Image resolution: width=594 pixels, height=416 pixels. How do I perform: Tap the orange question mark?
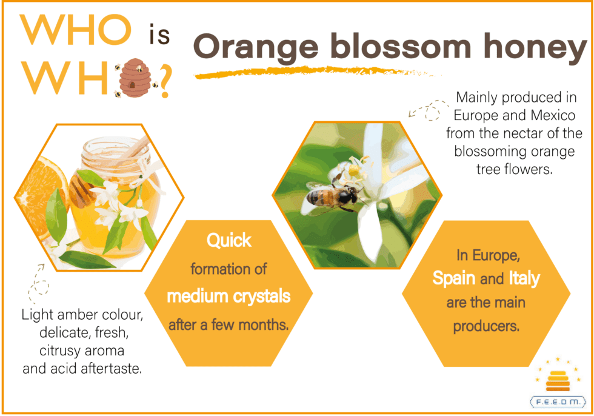[165, 81]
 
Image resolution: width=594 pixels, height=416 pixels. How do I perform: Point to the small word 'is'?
[159, 35]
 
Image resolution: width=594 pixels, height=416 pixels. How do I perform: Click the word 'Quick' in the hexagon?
[229, 240]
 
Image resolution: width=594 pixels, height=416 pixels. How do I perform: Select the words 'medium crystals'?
[229, 296]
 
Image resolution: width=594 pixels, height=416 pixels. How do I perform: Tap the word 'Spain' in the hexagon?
[454, 278]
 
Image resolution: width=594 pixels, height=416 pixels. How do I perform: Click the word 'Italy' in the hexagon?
[524, 278]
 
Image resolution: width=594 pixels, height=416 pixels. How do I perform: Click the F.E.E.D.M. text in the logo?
[558, 401]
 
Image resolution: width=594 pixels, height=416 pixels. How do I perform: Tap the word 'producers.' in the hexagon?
[486, 326]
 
